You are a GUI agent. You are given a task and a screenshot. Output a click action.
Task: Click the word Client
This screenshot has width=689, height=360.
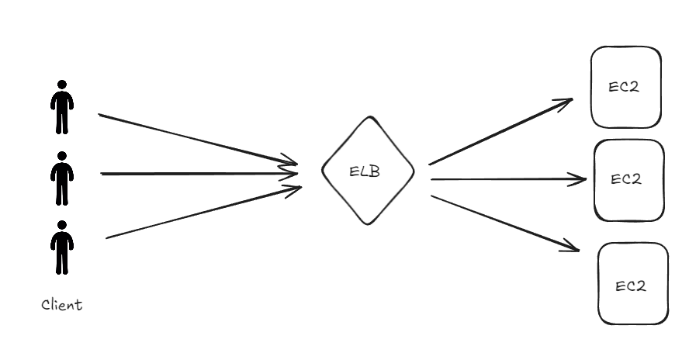(62, 305)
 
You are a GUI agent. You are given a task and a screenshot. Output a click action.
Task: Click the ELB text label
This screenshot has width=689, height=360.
(365, 172)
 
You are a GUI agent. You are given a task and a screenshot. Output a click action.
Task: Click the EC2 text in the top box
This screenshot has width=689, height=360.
(625, 87)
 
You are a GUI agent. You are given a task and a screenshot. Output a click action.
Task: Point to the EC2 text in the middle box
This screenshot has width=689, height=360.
(626, 179)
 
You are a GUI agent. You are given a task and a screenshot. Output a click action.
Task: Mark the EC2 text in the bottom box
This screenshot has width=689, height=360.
(631, 286)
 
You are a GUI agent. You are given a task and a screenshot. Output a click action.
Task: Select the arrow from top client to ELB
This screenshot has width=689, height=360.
(198, 140)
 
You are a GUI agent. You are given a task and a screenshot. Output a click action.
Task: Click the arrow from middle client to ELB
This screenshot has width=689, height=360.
(198, 174)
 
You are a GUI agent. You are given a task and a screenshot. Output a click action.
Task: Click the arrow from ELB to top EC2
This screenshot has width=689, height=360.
(500, 132)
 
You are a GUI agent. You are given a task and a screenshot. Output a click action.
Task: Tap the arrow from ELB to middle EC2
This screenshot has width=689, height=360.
(508, 180)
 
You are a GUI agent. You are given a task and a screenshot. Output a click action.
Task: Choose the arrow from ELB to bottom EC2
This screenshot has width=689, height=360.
(504, 222)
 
